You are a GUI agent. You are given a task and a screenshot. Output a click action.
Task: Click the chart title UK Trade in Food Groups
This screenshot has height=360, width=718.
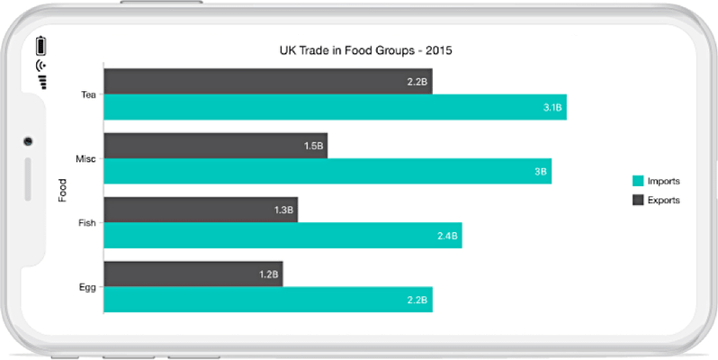[x=364, y=50]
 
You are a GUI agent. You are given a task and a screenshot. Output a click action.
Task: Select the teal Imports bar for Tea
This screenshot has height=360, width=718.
[x=335, y=107]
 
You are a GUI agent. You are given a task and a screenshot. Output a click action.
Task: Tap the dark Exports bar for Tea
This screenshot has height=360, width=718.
[x=267, y=81]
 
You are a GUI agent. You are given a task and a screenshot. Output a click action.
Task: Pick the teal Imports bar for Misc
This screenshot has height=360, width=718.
[x=328, y=171]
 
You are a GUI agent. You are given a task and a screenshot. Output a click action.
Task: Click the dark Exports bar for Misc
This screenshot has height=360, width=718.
[x=215, y=146]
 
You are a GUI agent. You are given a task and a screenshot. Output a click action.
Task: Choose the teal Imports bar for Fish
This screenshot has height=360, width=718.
[x=283, y=236]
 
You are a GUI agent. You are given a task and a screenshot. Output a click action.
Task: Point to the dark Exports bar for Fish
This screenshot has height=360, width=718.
[x=200, y=211]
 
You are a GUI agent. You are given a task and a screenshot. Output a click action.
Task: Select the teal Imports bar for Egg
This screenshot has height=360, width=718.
[x=268, y=300]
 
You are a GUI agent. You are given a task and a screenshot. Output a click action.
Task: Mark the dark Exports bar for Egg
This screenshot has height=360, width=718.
[x=193, y=274]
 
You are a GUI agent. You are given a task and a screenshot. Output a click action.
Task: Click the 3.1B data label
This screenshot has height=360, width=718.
[x=552, y=107]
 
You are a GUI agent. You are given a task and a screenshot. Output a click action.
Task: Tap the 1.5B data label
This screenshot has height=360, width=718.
[x=313, y=146]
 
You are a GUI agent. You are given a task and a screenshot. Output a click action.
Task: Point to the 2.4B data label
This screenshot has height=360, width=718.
[x=448, y=236]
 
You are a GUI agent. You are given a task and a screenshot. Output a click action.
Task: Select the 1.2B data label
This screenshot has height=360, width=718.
[x=269, y=274]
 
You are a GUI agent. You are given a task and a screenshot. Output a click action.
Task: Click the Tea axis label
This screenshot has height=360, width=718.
[x=88, y=94]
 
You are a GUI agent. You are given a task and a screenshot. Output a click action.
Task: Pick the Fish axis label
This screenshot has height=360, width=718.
[x=87, y=223]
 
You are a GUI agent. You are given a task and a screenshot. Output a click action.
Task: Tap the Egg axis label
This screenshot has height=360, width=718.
[x=87, y=288]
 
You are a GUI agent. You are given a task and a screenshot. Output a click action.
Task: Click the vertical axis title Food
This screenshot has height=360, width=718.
[x=62, y=190]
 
